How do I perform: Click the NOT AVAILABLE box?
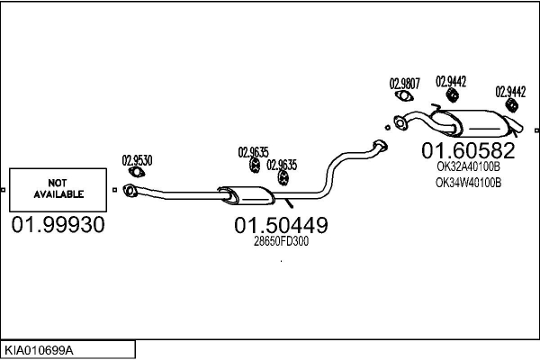[x=58, y=188]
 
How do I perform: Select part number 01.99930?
[x=58, y=224]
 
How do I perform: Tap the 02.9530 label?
[x=137, y=161]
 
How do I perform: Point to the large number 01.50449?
[x=281, y=225]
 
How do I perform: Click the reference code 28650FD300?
[x=281, y=241]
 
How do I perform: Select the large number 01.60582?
[x=469, y=149]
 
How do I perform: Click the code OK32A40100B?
[x=468, y=166]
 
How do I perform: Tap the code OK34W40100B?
[x=468, y=183]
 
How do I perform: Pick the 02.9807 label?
[x=404, y=84]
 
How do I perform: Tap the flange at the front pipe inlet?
[x=130, y=189]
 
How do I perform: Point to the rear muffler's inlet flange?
[x=400, y=124]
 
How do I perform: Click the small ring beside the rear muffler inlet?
[x=385, y=127]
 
